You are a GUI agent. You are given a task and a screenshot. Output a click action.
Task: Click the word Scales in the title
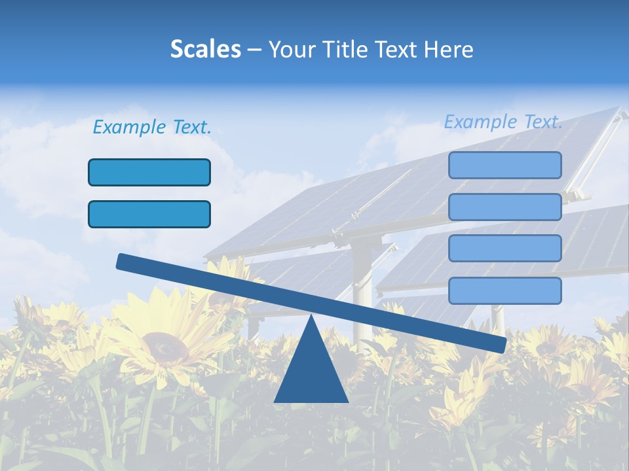coord(205,50)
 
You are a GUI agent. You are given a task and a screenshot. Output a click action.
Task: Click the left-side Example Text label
coord(152,127)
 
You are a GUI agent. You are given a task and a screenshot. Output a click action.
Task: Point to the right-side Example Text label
coord(503,122)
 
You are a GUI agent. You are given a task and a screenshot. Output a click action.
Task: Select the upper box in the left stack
coord(149,172)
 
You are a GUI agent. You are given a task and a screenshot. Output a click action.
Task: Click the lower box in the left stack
coord(149,214)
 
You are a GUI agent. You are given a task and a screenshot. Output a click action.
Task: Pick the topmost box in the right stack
coord(505,165)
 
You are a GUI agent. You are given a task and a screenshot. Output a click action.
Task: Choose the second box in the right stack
coord(505,207)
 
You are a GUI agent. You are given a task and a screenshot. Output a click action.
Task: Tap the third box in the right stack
coord(505,248)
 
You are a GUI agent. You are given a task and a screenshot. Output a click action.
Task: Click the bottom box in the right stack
coord(505,290)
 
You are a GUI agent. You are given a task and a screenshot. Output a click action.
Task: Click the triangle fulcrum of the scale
coord(311,370)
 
